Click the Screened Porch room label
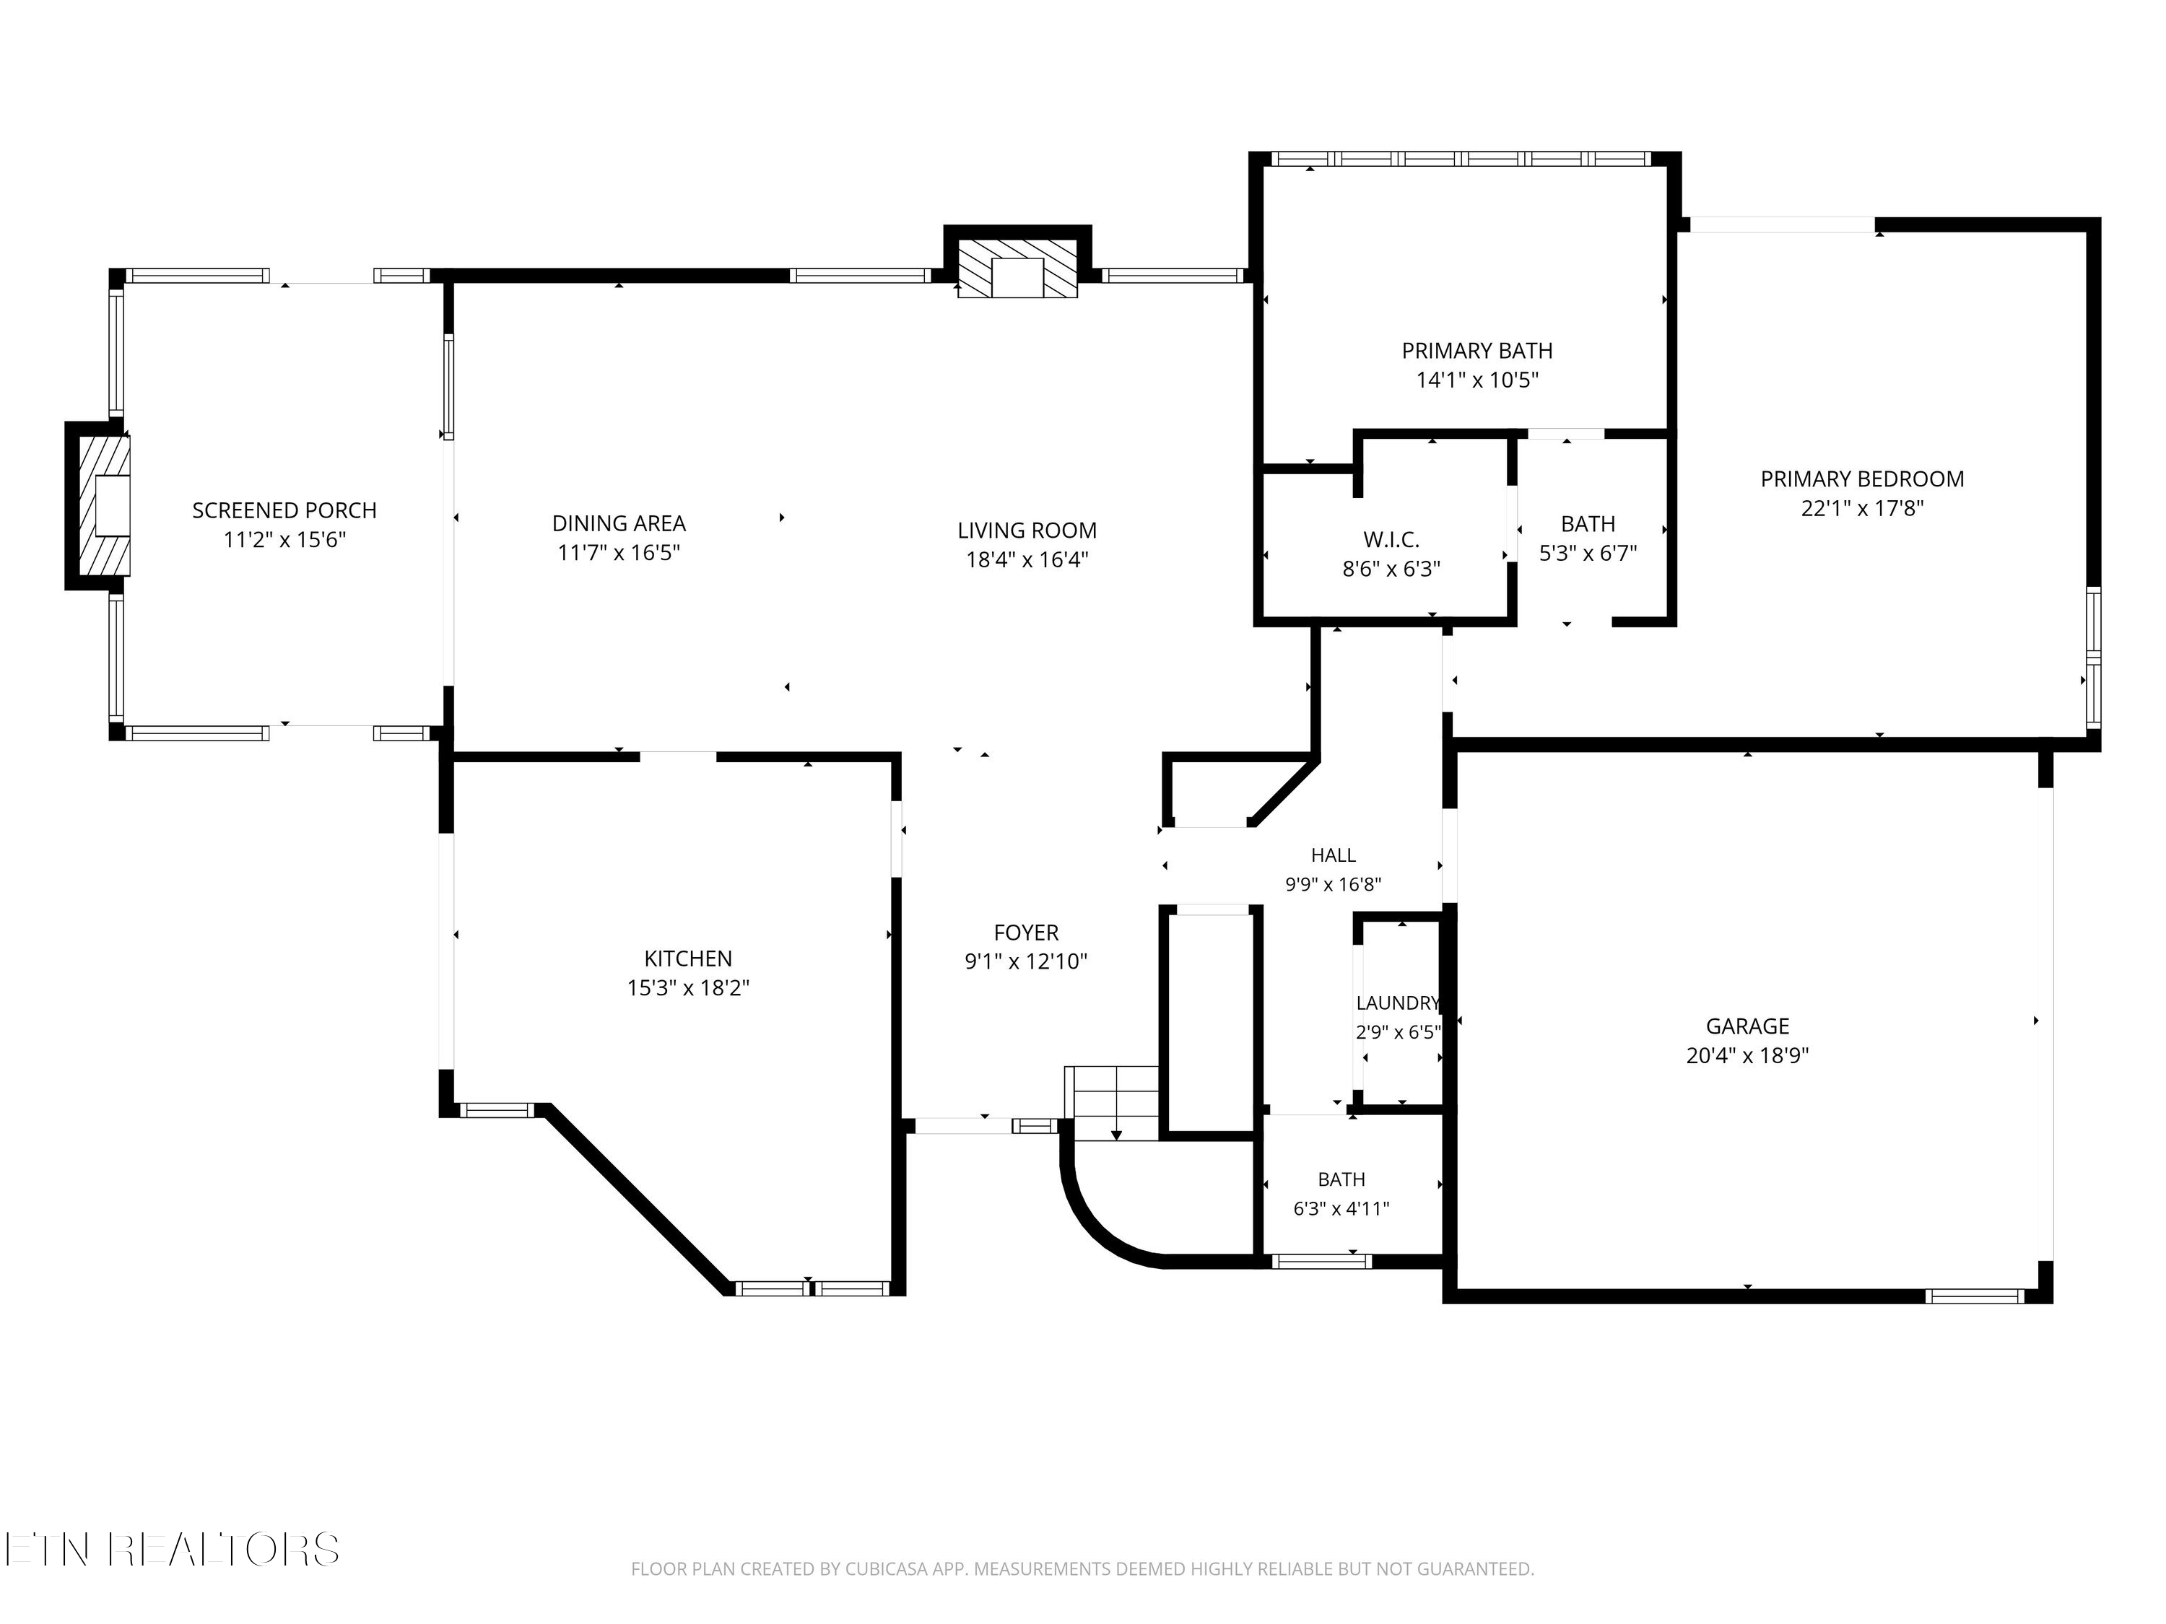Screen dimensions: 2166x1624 pyautogui.click(x=284, y=510)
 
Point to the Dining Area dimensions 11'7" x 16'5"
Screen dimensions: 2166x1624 pyautogui.click(x=619, y=553)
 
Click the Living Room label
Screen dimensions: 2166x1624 pyautogui.click(x=1027, y=531)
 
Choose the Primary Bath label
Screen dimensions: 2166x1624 pyautogui.click(x=1476, y=351)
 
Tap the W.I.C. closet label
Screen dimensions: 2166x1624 pyautogui.click(x=1391, y=539)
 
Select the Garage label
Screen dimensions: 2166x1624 pyautogui.click(x=1748, y=1026)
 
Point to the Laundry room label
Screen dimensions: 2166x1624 pyautogui.click(x=1397, y=1003)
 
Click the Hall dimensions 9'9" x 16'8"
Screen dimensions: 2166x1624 pyautogui.click(x=1334, y=885)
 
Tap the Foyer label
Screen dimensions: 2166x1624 pyautogui.click(x=1026, y=933)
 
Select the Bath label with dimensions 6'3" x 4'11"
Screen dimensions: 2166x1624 pyautogui.click(x=1341, y=1179)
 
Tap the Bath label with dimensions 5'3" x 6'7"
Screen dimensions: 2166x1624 pyautogui.click(x=1588, y=524)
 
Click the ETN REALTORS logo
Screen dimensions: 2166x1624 pyautogui.click(x=173, y=1549)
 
